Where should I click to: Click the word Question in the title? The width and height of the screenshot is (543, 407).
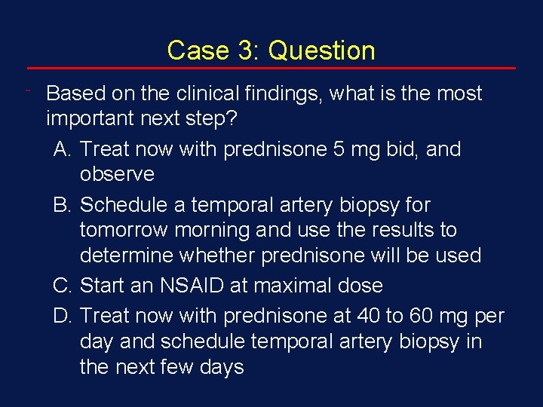point(321,50)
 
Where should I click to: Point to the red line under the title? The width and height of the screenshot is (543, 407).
point(271,69)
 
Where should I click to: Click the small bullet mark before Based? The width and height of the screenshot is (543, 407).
point(28,90)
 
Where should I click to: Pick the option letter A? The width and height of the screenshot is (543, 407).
point(63,149)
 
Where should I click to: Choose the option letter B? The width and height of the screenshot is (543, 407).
point(63,205)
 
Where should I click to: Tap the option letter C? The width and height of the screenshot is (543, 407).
point(63,286)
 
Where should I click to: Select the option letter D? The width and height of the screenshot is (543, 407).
point(63,315)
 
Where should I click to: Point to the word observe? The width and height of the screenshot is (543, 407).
point(117,175)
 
